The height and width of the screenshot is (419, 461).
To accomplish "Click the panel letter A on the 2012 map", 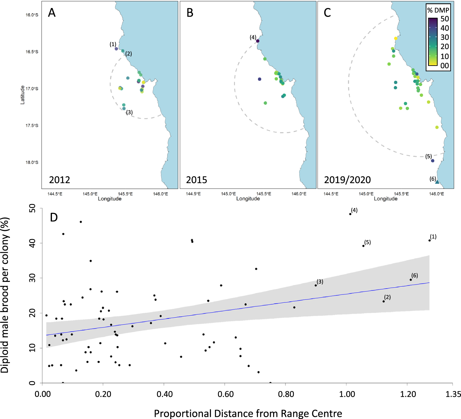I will tap(52, 13).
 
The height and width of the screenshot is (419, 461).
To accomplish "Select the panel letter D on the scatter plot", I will tap(54, 217).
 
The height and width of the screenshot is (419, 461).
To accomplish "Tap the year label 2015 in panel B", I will tap(196, 180).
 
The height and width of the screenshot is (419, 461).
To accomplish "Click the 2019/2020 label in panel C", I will tap(347, 180).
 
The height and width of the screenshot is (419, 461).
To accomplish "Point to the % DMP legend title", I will tap(438, 10).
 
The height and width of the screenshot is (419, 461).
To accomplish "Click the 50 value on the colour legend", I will tap(444, 19).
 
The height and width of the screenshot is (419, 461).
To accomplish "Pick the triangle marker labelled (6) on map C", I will tap(437, 182).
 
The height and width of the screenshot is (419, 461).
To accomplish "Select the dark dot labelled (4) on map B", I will tap(258, 41).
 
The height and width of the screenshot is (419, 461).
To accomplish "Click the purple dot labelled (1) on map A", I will tap(116, 49).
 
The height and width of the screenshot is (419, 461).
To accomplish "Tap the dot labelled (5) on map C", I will tap(433, 161).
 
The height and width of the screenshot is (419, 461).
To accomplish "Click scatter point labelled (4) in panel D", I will tap(350, 214).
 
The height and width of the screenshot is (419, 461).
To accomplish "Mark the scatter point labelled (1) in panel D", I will tap(429, 240).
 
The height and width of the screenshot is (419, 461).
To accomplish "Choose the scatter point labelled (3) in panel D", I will tap(316, 285).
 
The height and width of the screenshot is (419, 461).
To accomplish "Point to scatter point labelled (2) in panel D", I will tap(384, 301).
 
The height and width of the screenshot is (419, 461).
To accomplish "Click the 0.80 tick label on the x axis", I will tap(286, 394).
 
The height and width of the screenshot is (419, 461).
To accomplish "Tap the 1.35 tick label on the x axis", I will tap(453, 394).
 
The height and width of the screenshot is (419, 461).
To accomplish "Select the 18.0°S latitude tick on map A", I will tap(32, 162).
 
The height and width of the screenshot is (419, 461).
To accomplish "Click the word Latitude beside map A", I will tap(22, 95).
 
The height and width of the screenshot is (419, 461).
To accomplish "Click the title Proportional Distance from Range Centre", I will tap(248, 413).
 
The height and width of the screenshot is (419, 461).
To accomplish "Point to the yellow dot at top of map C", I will tap(396, 38).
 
